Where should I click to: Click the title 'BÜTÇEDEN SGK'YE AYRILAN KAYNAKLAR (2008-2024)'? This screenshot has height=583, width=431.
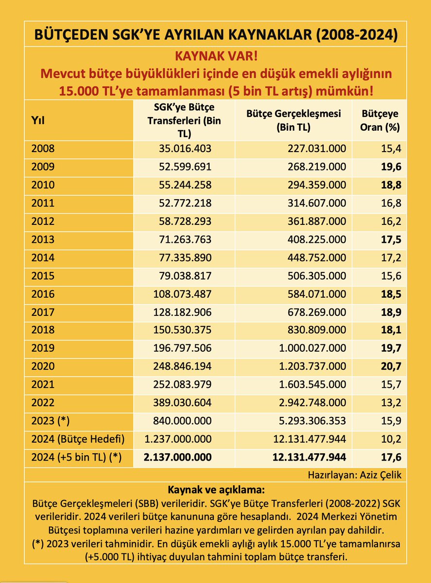(x=215, y=35)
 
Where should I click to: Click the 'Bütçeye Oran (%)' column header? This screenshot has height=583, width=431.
(x=380, y=120)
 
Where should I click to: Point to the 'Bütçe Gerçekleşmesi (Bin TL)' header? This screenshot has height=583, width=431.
(x=293, y=120)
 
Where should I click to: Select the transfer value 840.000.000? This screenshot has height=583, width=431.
(x=178, y=421)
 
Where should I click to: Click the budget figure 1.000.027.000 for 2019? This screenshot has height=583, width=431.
(x=309, y=348)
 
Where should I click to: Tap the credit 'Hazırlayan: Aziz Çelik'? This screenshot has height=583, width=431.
(x=354, y=475)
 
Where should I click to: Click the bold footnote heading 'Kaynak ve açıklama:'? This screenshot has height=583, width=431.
(x=215, y=489)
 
